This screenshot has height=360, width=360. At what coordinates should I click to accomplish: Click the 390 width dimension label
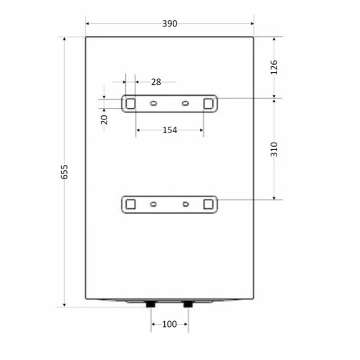point(170,24)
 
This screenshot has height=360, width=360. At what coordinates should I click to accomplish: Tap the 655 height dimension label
point(64,172)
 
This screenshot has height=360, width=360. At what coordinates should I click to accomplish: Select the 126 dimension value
point(274,67)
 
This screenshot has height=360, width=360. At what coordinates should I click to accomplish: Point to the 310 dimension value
point(274,149)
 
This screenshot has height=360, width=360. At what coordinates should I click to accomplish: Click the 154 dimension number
point(170,130)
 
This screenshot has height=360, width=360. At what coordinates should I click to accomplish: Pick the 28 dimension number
point(156,82)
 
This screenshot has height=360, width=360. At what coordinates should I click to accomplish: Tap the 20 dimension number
point(104,120)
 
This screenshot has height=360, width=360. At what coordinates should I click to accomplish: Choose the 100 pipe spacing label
point(169,324)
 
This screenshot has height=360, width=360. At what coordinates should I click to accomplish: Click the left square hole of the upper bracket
point(130,104)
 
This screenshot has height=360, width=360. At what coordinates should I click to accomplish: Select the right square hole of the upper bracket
point(208,104)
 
